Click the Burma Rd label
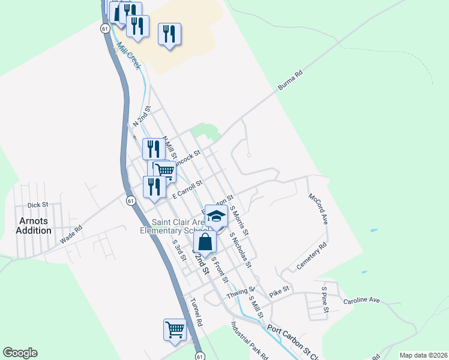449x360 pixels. (291, 82)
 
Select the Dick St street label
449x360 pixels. (37, 205)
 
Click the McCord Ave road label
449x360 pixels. (319, 209)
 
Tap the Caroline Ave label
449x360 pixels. (362, 299)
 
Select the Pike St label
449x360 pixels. (280, 291)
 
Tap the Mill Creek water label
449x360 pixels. (128, 55)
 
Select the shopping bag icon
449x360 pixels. (205, 242)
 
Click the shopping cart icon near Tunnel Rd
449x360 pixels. (175, 329)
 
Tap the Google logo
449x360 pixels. (20, 353)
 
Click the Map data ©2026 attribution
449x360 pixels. (423, 355)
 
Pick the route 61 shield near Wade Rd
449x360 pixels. (130, 201)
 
